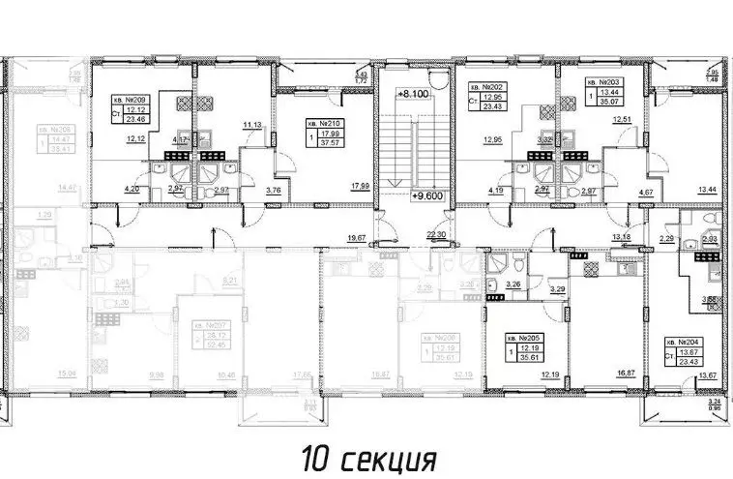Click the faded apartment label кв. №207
click(208, 326)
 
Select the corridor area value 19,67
click(358, 236)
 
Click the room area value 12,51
click(608, 119)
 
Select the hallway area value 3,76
click(274, 192)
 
